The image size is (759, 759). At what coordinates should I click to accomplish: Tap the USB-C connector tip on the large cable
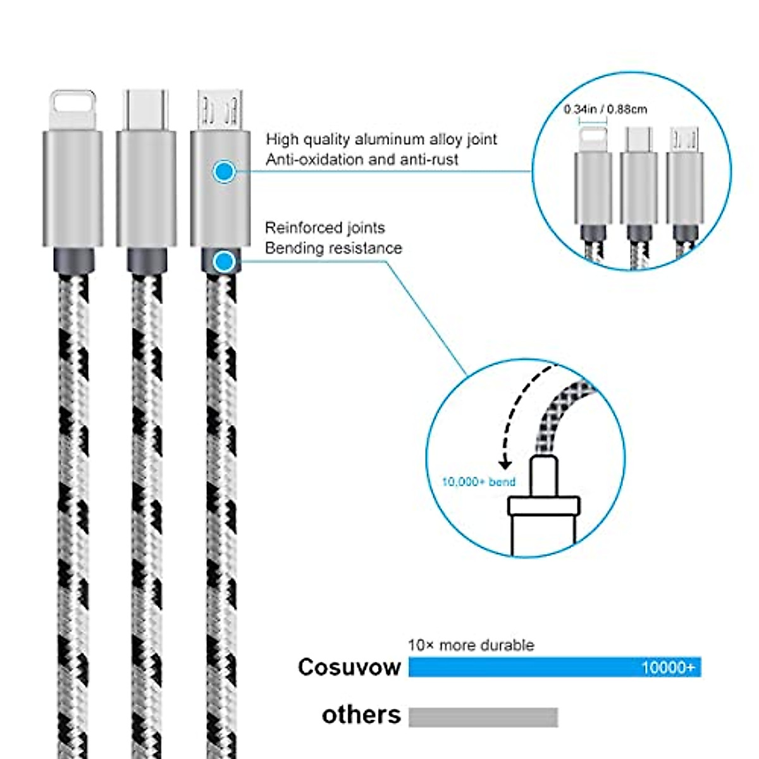(146, 109)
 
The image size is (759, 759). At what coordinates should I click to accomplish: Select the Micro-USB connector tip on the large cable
(219, 109)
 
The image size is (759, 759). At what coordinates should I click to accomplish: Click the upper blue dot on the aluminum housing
(224, 171)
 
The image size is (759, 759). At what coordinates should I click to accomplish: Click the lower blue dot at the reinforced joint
(223, 261)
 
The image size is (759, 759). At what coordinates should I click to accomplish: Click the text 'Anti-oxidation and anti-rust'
(362, 159)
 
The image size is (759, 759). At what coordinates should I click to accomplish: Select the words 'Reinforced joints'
(324, 228)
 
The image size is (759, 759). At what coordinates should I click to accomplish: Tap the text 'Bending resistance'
(333, 248)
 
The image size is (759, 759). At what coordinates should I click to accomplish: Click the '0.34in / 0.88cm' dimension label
(605, 109)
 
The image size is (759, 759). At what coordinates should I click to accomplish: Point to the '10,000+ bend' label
(479, 482)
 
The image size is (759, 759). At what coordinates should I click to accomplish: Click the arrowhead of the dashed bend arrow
(505, 465)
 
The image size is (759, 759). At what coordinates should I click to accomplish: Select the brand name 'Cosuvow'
(349, 667)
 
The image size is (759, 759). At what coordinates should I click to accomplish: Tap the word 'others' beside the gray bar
(361, 715)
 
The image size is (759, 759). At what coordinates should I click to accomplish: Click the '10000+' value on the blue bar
(667, 667)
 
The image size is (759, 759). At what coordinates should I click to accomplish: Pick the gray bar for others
(483, 717)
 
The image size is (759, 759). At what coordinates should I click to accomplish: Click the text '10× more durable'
(471, 645)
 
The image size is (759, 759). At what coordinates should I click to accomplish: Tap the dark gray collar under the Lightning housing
(73, 260)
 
